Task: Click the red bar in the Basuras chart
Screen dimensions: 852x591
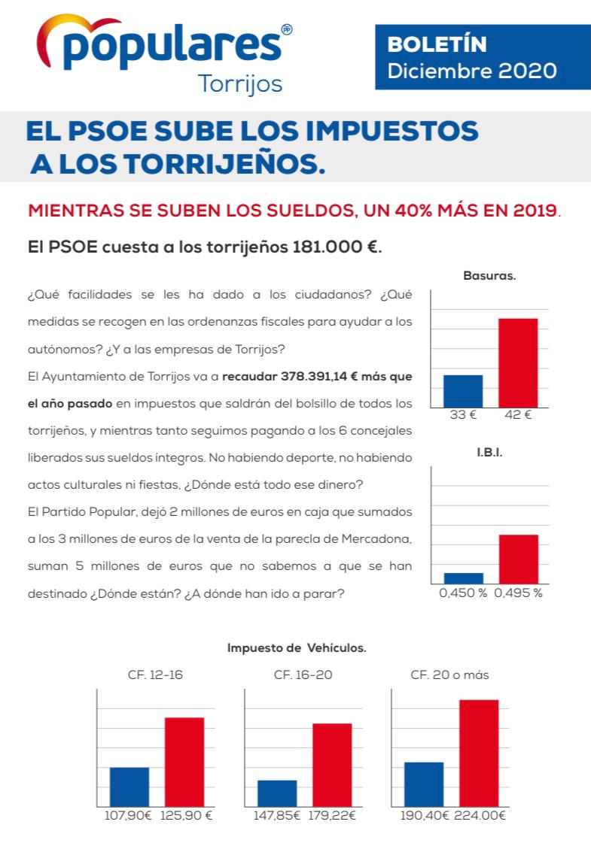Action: coord(518,362)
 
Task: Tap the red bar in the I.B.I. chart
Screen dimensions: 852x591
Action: coord(518,559)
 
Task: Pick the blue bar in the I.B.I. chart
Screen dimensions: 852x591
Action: coord(463,578)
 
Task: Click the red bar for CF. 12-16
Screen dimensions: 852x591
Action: coord(184,763)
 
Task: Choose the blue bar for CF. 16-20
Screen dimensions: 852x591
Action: coord(277,793)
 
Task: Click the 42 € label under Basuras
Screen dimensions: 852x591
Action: coord(517,415)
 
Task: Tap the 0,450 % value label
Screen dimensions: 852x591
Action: coord(462,593)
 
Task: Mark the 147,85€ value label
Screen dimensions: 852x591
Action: coord(276,815)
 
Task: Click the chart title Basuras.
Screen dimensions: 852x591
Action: coord(489,276)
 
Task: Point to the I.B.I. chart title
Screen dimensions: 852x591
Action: coord(489,454)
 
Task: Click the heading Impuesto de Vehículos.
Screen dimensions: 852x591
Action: coord(297,647)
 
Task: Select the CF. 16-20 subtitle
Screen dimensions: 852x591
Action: coord(303,675)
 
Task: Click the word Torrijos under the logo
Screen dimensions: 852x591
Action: coord(239,83)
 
